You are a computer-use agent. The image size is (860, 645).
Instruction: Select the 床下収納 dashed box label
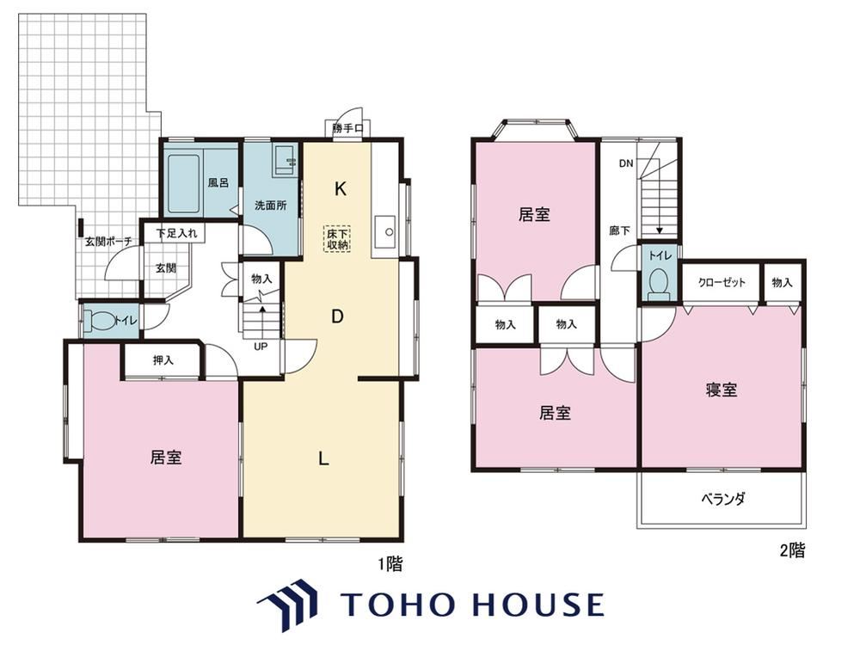(x=338, y=239)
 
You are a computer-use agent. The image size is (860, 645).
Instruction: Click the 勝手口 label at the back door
(x=347, y=129)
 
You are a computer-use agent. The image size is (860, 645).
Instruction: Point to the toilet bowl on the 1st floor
(x=100, y=320)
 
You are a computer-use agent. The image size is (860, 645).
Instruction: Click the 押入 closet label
(x=163, y=360)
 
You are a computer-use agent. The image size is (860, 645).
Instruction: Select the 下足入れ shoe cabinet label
(x=176, y=233)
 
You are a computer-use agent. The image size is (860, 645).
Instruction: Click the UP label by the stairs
(x=261, y=347)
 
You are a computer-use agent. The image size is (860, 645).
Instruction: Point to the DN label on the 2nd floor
(x=626, y=163)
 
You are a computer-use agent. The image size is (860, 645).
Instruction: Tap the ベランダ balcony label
(x=723, y=499)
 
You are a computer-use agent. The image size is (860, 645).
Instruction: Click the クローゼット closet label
(x=722, y=282)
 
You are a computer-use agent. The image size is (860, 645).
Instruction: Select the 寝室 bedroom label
(x=722, y=390)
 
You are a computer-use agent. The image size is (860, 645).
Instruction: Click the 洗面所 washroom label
(x=270, y=206)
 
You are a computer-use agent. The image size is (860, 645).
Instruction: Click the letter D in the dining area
(x=337, y=316)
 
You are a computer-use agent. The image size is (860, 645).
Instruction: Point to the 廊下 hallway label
(x=619, y=230)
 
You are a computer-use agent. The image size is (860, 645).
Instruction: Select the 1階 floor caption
(x=390, y=564)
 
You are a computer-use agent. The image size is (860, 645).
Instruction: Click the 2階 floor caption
(x=793, y=550)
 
